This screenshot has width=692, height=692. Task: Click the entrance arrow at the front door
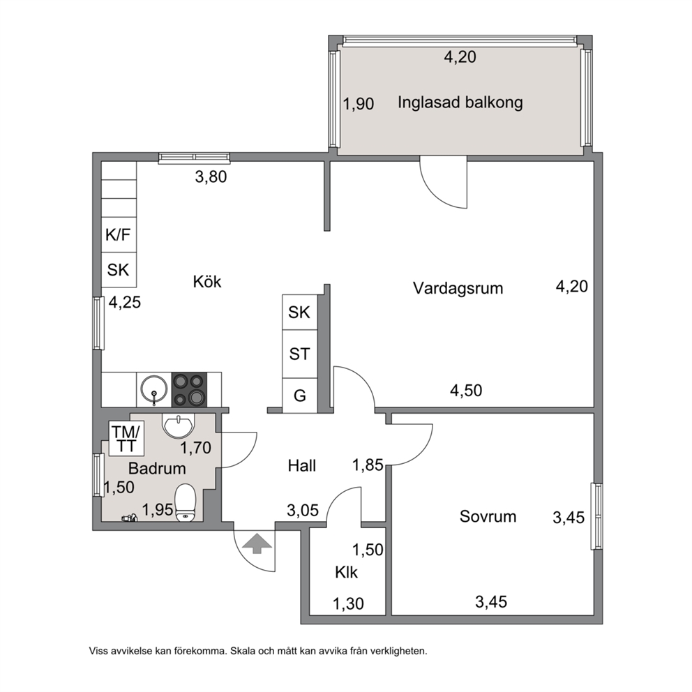[x=257, y=543]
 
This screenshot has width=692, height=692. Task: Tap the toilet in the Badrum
[x=186, y=503]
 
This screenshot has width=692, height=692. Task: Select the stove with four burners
[x=189, y=389]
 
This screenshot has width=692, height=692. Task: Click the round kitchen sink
[x=154, y=389]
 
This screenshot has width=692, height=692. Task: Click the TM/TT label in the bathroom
[x=126, y=439]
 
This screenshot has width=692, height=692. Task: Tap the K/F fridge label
[x=118, y=235]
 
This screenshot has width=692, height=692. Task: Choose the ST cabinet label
[x=300, y=354]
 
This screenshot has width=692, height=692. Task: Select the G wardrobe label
[x=300, y=396]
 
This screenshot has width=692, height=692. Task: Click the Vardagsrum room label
[x=458, y=288]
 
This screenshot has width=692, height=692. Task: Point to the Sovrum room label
[x=488, y=516]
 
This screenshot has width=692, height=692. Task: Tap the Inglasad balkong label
[x=460, y=103]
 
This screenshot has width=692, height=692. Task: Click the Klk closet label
[x=347, y=573]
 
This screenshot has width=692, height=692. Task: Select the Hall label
[x=302, y=465]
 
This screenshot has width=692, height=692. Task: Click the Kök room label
[x=207, y=282]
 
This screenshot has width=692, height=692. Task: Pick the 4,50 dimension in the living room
[x=466, y=391]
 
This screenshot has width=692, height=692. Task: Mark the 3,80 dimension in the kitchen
[x=211, y=177]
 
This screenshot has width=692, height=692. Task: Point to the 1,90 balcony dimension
[x=359, y=104]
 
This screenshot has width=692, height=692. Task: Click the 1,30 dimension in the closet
[x=348, y=603]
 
